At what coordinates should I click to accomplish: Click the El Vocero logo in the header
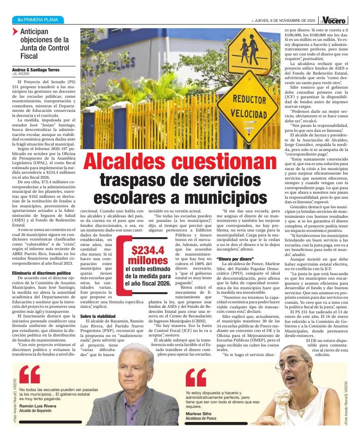[x=334, y=20]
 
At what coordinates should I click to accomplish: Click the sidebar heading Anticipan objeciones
[x=44, y=44]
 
